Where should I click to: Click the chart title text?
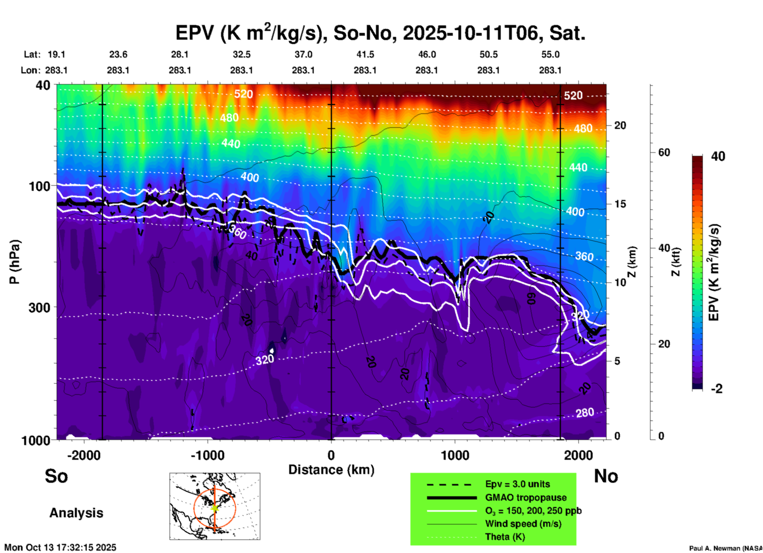click(380, 33)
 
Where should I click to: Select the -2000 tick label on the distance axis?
click(84, 455)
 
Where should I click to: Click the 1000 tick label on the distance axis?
click(455, 455)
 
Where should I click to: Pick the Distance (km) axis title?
click(331, 470)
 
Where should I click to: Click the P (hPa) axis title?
click(14, 262)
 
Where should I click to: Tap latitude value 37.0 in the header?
click(303, 54)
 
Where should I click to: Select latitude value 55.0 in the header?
click(550, 54)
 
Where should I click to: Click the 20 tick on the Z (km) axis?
click(620, 125)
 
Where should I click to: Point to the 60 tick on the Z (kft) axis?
click(664, 152)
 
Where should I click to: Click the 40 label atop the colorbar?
click(718, 156)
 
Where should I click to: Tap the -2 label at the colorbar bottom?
click(717, 389)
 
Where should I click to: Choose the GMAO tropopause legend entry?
click(526, 497)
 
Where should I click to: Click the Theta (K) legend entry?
click(505, 537)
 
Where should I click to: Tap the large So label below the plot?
click(56, 476)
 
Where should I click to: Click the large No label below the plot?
click(606, 476)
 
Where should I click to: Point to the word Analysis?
click(76, 513)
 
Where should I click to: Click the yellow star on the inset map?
click(215, 507)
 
